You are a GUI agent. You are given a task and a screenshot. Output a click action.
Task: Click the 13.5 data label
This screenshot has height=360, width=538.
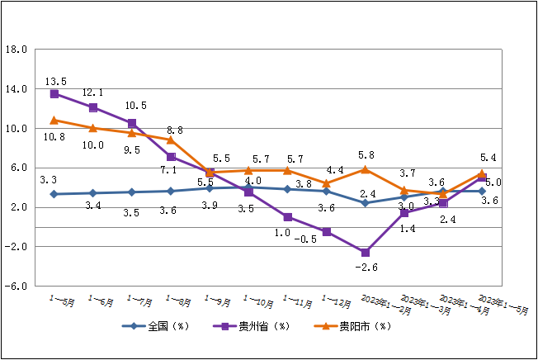(x=55, y=82)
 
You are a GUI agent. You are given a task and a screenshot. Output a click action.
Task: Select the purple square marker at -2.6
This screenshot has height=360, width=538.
(x=365, y=253)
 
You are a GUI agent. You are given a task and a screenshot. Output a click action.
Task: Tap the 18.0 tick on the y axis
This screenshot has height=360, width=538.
(x=17, y=50)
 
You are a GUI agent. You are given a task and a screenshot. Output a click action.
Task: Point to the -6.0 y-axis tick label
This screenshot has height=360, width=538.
(x=17, y=287)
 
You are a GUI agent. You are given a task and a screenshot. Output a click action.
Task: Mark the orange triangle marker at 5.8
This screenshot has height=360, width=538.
(x=365, y=170)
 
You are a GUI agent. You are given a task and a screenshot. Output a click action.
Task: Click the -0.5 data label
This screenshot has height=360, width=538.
(x=306, y=239)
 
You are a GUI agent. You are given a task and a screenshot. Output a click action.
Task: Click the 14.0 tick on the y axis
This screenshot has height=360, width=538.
(x=17, y=89)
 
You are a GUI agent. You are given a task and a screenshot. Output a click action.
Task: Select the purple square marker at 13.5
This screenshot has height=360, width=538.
(x=54, y=94)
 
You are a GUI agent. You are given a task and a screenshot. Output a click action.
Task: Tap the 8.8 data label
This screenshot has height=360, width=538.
(x=174, y=130)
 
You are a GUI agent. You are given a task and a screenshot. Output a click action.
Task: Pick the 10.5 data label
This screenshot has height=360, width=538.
(x=135, y=106)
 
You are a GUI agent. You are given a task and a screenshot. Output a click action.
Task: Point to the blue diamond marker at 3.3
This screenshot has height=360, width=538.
(x=54, y=194)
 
